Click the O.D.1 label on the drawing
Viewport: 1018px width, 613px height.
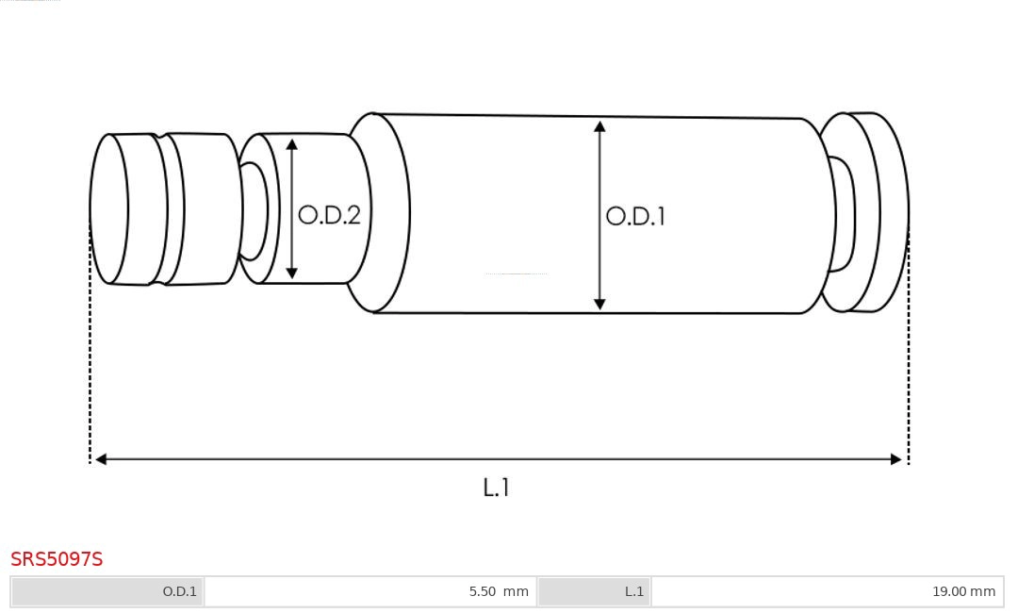[635, 216]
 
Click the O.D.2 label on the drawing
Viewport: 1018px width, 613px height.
[329, 215]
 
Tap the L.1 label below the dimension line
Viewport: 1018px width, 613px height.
[496, 488]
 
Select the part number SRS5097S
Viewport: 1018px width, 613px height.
[57, 559]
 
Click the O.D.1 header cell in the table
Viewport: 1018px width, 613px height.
[107, 591]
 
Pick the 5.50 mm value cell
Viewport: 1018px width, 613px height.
[369, 591]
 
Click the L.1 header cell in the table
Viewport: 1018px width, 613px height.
[594, 591]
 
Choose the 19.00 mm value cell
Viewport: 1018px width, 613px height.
[827, 591]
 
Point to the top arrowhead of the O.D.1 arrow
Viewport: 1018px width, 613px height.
[599, 126]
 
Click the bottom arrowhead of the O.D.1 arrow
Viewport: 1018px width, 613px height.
[599, 304]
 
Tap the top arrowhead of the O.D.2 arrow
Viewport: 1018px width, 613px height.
[292, 144]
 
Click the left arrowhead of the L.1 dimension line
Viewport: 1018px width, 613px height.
[101, 459]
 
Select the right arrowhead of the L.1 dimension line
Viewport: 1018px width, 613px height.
[896, 459]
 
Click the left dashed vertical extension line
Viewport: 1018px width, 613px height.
[90, 377]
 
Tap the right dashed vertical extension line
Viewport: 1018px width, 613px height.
[909, 377]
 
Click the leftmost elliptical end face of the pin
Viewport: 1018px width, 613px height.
[108, 208]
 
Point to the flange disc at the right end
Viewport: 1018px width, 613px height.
[877, 212]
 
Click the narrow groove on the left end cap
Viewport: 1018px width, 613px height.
[161, 209]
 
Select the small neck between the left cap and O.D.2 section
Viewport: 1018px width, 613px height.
[253, 210]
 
